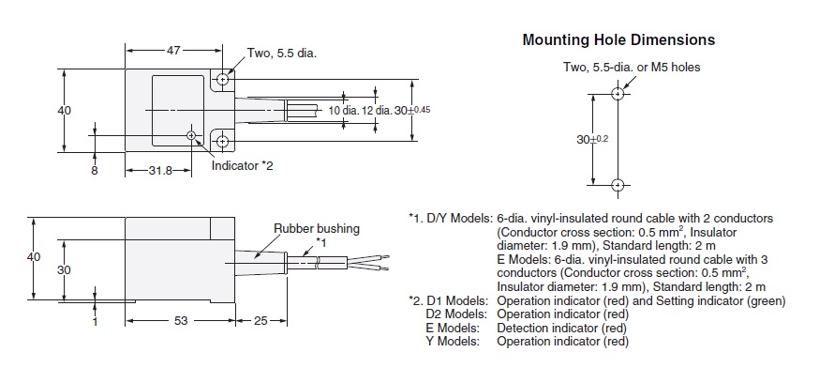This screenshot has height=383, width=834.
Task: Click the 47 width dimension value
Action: [173, 50]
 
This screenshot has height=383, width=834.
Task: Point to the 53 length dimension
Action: [181, 320]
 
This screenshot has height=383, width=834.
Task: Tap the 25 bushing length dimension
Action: [261, 320]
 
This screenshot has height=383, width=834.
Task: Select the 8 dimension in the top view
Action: [94, 171]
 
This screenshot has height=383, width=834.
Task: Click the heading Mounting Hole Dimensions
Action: [618, 40]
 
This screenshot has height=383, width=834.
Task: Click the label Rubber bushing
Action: [316, 228]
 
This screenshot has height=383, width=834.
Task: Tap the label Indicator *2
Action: [242, 166]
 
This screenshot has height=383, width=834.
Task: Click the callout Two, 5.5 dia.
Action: [282, 54]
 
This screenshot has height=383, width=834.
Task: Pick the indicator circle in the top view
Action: [192, 135]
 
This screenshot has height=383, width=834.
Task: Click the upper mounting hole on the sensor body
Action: [223, 81]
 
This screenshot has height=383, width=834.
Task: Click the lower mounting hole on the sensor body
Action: [223, 142]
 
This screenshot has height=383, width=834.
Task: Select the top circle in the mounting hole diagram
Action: [617, 94]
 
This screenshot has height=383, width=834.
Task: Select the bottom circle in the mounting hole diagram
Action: [617, 184]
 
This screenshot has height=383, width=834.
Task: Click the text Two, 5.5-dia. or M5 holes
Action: [631, 68]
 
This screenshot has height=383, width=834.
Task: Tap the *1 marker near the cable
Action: [320, 242]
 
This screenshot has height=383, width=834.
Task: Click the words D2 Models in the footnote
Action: [455, 314]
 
